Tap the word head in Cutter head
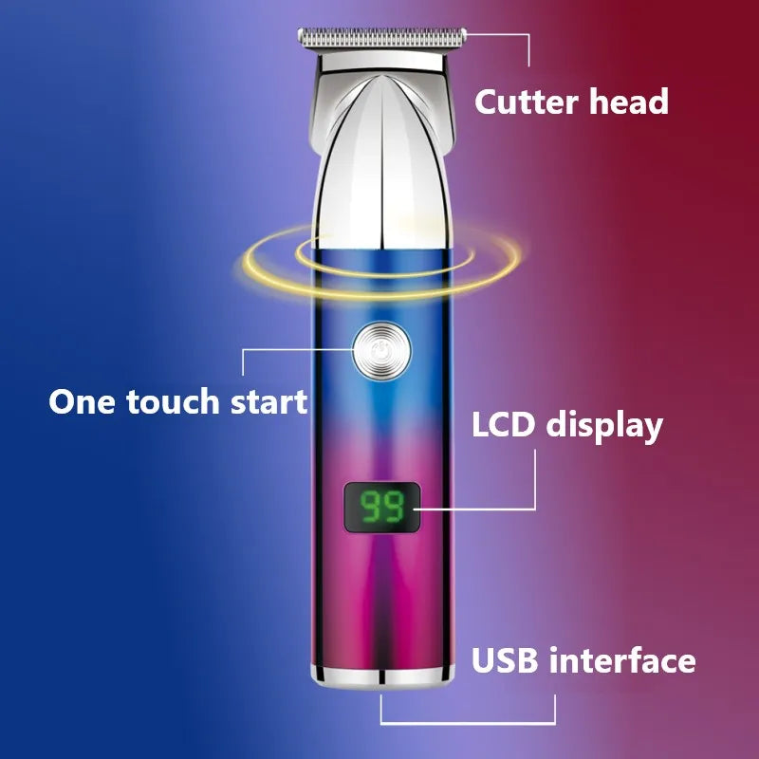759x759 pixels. coord(629,102)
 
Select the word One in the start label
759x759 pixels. coord(80,400)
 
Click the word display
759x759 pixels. coord(603,426)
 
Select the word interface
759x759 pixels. coord(624,660)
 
